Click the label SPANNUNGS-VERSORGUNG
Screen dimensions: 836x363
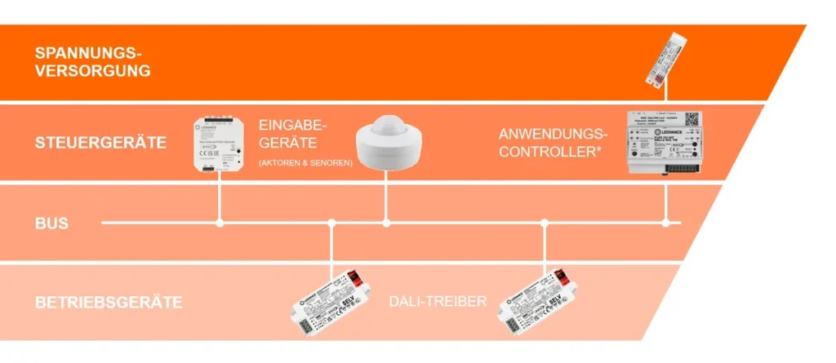coord(92,61)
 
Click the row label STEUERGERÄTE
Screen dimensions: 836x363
coord(100,143)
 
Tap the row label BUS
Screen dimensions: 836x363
coord(51,223)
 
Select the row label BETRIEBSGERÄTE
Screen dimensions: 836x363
coord(108,303)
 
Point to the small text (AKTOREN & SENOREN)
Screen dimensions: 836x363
coord(305,163)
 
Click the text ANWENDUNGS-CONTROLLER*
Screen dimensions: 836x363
coord(554,143)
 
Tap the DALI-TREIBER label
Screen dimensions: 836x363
coord(438,302)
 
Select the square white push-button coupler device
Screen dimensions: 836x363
coord(220,144)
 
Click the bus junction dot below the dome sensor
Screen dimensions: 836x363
coord(387,222)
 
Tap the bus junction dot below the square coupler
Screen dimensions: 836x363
coord(220,222)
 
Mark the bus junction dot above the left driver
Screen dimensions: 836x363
coord(331,222)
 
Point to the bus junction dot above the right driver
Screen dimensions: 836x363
coord(544,222)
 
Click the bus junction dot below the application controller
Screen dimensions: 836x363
coord(666,222)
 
